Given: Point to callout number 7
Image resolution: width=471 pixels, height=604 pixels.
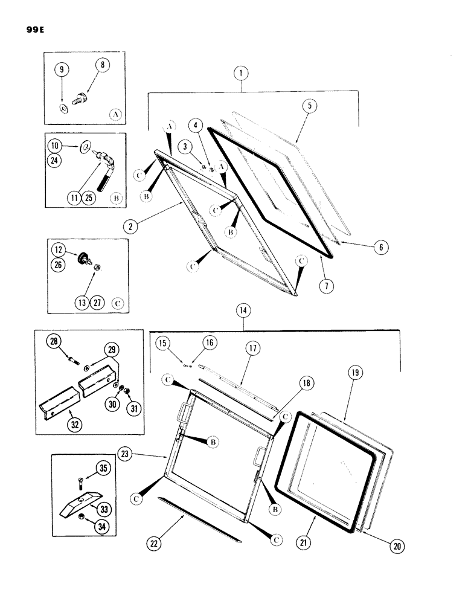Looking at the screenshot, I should point(325,286).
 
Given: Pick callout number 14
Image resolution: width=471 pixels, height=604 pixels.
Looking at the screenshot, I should point(244,311).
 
